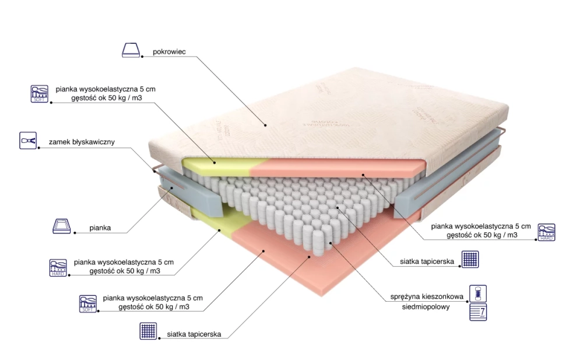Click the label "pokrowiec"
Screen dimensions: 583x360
pyautogui.click(x=169, y=52)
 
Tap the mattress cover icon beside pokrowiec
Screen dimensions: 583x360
pyautogui.click(x=131, y=50)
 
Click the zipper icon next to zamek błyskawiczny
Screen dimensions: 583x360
pyautogui.click(x=28, y=141)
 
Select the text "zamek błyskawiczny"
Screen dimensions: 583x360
pyautogui.click(x=82, y=142)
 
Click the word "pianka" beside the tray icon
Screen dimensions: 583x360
pyautogui.click(x=100, y=228)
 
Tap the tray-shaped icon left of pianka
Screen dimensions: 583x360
pyautogui.click(x=62, y=226)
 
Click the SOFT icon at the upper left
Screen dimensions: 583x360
pyautogui.click(x=40, y=94)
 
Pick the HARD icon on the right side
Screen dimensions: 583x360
pyautogui.click(x=547, y=232)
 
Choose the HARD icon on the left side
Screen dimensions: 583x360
pyautogui.click(x=58, y=268)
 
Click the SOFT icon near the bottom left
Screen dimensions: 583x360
pyautogui.click(x=88, y=304)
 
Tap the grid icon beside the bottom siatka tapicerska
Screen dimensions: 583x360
pyautogui.click(x=148, y=331)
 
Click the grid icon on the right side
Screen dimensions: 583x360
pyautogui.click(x=470, y=259)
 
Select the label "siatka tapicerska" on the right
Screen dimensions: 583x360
pyautogui.click(x=427, y=261)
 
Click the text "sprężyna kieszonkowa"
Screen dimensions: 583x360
pyautogui.click(x=427, y=297)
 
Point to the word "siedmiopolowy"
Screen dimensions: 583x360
pyautogui.click(x=426, y=307)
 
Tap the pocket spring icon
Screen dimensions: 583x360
pyautogui.click(x=478, y=293)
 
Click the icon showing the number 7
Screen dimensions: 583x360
pyautogui.click(x=478, y=312)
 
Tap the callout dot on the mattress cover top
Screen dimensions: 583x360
pyautogui.click(x=265, y=125)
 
